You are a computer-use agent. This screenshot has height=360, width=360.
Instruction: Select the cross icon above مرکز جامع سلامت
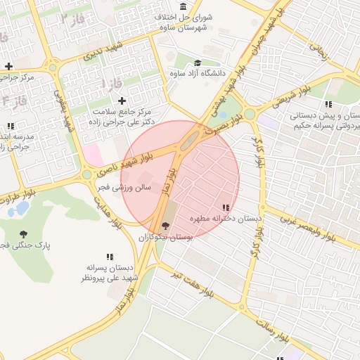click(x=122, y=101)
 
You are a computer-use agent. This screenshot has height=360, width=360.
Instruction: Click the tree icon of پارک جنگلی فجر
click(x=25, y=234)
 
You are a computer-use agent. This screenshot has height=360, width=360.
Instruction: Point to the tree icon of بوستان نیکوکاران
click(x=166, y=226)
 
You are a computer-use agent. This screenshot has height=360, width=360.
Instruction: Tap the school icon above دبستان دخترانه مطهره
click(x=225, y=207)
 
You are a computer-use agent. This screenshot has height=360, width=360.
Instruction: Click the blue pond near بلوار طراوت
click(x=21, y=208)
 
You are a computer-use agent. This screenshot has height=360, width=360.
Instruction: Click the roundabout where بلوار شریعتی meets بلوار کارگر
click(x=249, y=113)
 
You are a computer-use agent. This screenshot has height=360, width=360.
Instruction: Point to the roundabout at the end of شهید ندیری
click(x=52, y=68)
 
